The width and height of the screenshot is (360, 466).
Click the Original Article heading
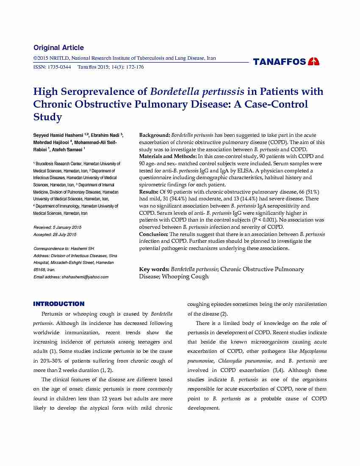point(58,47)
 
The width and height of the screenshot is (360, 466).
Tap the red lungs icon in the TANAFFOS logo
point(314,61)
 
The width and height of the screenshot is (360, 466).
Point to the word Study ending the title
point(47,117)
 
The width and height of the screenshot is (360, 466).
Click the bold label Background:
point(155,135)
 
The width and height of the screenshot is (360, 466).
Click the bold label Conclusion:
point(154,234)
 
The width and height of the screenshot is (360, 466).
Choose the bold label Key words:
point(154,269)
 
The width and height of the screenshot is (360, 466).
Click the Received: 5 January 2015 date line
point(57,227)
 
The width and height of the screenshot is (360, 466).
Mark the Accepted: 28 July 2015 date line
point(55,234)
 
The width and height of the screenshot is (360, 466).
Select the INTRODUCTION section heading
point(59,304)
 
